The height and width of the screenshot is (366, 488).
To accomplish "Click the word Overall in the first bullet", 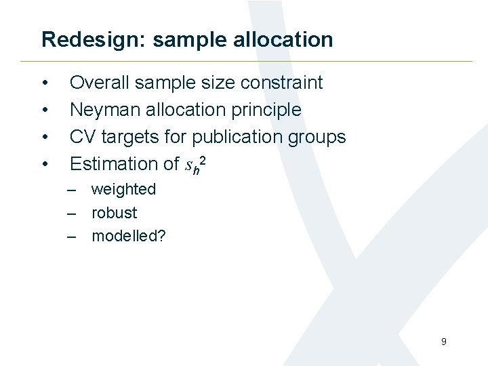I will (x=100, y=83).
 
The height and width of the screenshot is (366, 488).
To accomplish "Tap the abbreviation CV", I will (x=83, y=137).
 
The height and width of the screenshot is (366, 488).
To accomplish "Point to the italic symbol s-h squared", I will (x=192, y=163).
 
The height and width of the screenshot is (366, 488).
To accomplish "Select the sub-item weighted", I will (x=123, y=189).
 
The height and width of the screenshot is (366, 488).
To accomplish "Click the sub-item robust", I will (x=114, y=213).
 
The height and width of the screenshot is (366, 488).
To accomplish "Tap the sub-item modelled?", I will (x=129, y=236).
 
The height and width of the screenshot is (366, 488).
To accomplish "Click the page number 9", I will (x=443, y=342).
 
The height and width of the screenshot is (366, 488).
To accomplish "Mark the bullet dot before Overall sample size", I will (x=45, y=83).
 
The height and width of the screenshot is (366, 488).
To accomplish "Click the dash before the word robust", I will (x=70, y=213).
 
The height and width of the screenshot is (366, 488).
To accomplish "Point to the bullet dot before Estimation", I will (x=45, y=165).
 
